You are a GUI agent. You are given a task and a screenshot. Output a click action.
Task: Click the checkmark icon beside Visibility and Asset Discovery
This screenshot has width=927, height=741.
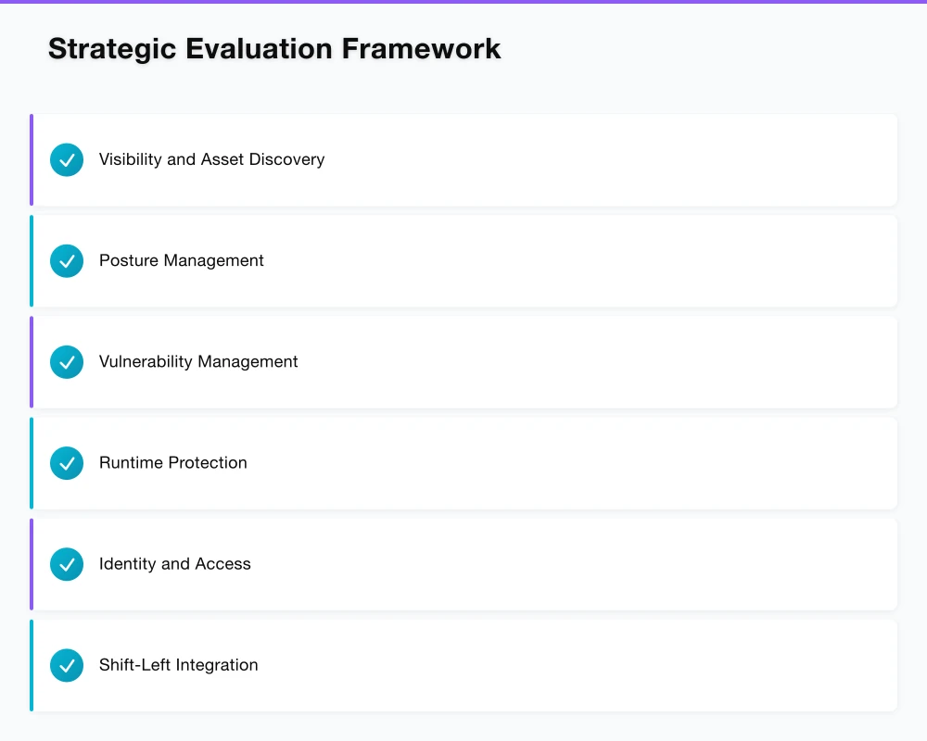(x=67, y=159)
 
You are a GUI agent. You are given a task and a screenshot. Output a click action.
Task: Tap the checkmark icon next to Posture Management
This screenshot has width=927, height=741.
(x=67, y=261)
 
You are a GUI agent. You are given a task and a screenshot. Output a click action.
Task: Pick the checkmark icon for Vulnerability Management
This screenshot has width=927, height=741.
(x=67, y=362)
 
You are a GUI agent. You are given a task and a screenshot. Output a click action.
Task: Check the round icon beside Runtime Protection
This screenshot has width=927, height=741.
(x=67, y=463)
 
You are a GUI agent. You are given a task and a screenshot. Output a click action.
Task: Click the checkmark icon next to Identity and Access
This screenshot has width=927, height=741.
(x=67, y=564)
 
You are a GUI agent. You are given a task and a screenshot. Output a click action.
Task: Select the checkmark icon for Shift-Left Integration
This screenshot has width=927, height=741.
(x=67, y=665)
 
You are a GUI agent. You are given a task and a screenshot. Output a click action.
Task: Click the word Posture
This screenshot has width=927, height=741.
(x=128, y=261)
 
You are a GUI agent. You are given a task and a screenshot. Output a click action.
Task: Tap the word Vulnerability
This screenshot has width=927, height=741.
(x=145, y=362)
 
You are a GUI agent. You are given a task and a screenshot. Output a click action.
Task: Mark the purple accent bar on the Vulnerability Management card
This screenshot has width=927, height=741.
(x=32, y=362)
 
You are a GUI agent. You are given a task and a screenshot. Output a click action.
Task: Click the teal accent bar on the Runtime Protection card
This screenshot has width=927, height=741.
(x=32, y=463)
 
